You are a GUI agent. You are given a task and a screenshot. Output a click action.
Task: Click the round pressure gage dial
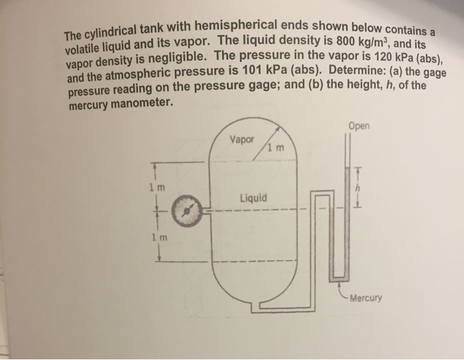tap(188, 211)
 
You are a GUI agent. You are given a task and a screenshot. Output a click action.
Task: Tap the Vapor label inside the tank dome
tap(241, 140)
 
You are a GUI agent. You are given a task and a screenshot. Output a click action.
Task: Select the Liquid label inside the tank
tap(255, 198)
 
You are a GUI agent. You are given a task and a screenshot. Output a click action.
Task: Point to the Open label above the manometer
tap(361, 126)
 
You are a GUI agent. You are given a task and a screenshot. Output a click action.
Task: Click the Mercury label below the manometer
tap(366, 298)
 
